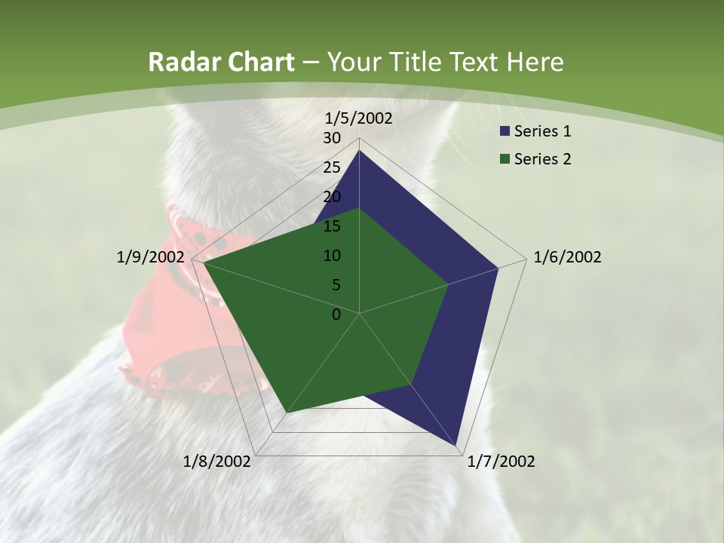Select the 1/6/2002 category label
point(567,257)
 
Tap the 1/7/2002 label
point(501,462)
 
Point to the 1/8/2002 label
point(217,462)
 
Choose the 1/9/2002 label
point(150,257)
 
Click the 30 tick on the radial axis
point(332,138)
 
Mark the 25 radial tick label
point(332,167)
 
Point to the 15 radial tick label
point(332,226)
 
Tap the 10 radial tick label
point(332,256)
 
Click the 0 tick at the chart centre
point(336,314)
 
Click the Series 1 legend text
point(542,131)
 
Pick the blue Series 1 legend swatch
point(505,131)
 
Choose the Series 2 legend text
point(542,159)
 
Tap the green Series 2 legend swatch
point(505,159)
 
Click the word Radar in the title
point(183,62)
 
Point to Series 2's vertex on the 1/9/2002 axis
point(204,263)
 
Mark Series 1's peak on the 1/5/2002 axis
point(359,151)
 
